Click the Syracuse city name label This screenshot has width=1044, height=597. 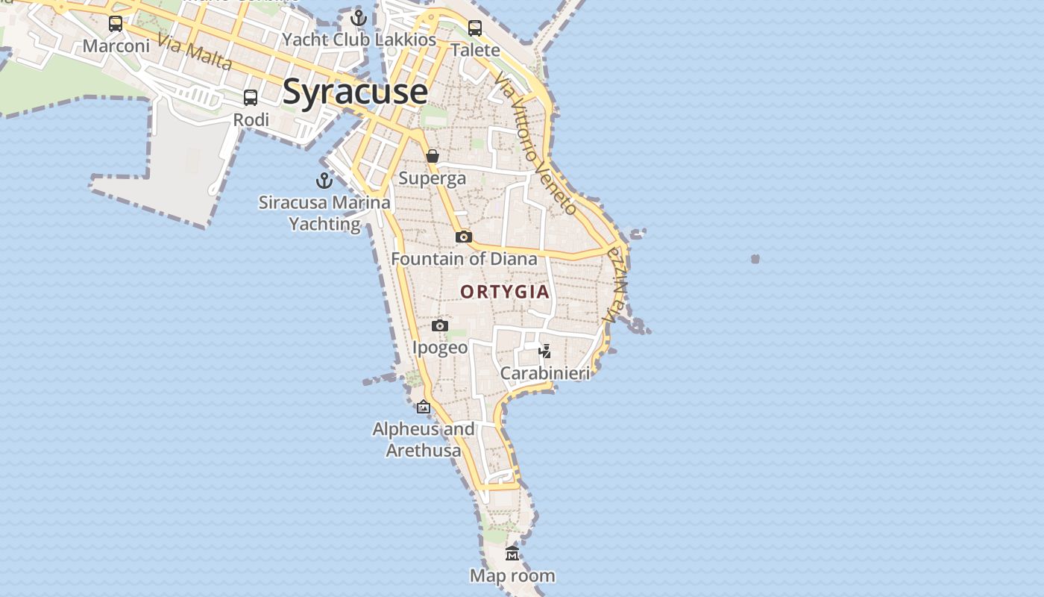(x=355, y=92)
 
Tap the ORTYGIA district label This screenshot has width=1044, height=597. (x=505, y=292)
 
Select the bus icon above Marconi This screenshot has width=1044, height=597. (x=116, y=24)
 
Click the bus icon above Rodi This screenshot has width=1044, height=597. (x=251, y=98)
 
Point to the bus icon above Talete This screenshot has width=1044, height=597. (x=475, y=28)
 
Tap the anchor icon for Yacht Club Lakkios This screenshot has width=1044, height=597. (x=359, y=17)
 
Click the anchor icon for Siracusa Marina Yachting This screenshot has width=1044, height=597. (x=324, y=180)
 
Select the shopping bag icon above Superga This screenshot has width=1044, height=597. (x=433, y=156)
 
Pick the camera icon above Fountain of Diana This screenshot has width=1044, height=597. (x=464, y=237)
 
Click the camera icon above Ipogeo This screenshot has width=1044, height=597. (x=440, y=325)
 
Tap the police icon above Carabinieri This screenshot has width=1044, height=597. (x=545, y=351)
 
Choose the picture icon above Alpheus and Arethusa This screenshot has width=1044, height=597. (x=424, y=407)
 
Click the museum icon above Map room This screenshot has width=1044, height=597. (x=512, y=553)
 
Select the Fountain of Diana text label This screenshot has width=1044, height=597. (x=464, y=259)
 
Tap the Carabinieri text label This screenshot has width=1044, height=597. (x=545, y=373)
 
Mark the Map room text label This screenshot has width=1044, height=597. (x=512, y=575)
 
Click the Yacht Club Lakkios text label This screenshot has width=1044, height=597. (x=359, y=40)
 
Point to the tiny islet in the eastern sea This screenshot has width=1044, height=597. (x=755, y=259)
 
